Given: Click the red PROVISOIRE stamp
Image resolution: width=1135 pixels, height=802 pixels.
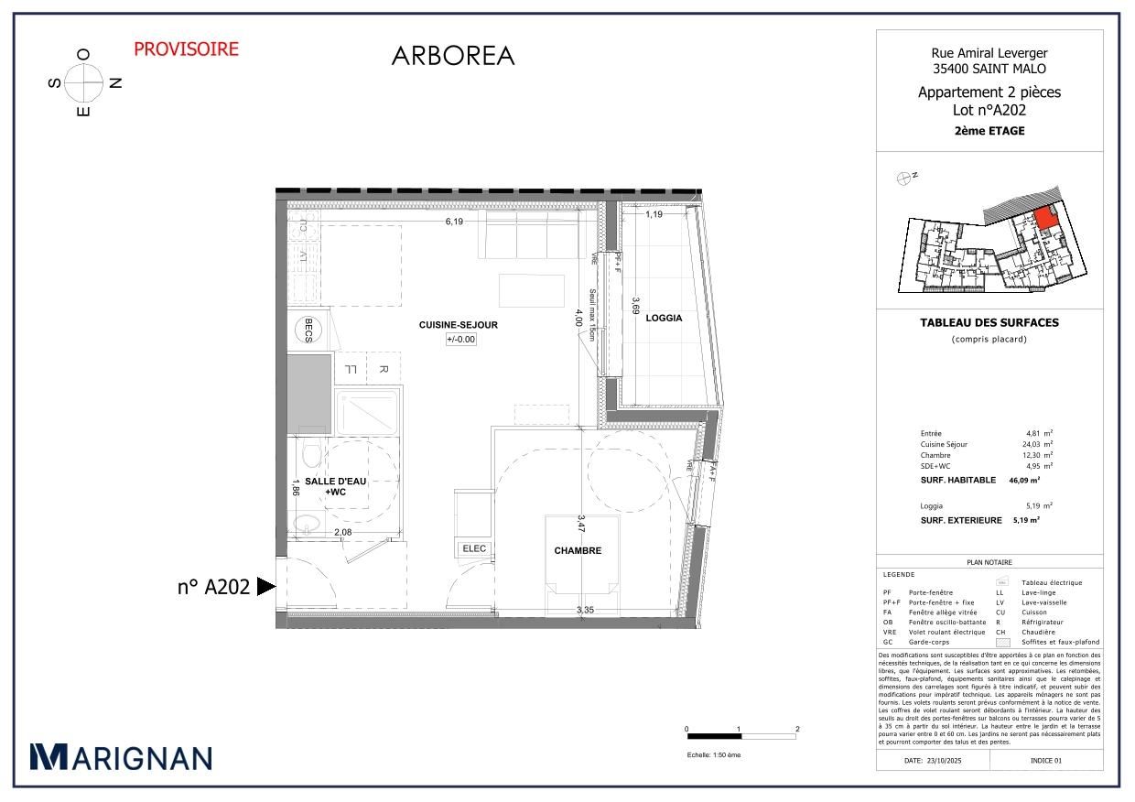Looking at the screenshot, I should (186, 49).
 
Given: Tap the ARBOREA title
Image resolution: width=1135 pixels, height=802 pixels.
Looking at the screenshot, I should (453, 56).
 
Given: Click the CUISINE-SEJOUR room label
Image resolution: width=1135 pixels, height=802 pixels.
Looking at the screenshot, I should (459, 325).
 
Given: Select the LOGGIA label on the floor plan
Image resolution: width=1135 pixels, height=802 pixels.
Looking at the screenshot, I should (664, 318).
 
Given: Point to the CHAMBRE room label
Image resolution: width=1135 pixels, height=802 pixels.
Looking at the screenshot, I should (578, 550).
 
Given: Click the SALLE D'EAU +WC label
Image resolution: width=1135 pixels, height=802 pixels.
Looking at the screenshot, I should (332, 487).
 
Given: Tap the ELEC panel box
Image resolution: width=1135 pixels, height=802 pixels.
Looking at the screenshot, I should (475, 548).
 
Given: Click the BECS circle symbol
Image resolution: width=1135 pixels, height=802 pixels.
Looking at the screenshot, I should (308, 330).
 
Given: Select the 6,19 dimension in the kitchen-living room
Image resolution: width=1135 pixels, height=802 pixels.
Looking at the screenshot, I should (455, 222).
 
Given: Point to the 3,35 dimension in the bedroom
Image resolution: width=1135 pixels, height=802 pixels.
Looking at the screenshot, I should (586, 610).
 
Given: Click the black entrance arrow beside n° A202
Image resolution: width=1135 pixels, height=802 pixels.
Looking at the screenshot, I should (265, 587).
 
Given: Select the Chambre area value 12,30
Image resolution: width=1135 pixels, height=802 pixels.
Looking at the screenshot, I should (1034, 455).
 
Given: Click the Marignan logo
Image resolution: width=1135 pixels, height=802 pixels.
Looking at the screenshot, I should (121, 757).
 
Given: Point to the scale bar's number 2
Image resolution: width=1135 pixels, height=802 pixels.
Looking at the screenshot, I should (797, 730).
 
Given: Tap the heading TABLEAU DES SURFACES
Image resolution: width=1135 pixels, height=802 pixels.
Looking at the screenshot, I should (989, 322).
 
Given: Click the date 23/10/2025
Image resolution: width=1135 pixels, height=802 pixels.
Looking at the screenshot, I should (946, 761).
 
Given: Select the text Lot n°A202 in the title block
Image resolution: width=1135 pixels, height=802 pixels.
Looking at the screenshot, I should (989, 110).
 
